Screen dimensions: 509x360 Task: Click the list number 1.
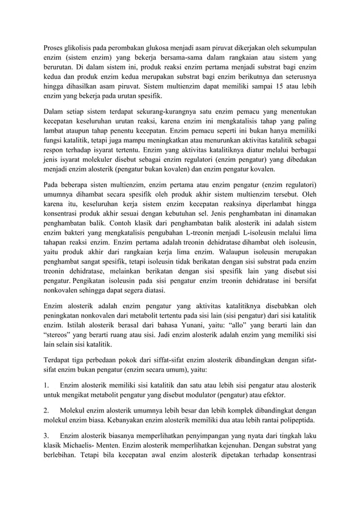pos(47,385)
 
